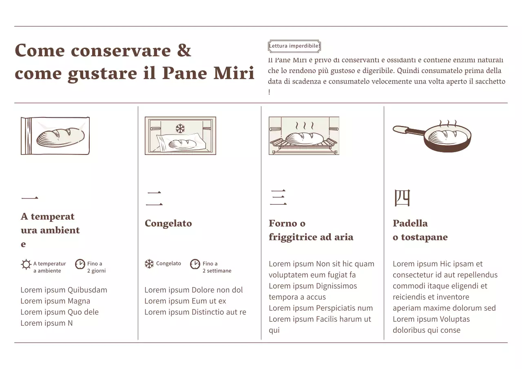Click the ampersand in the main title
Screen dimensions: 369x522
[x=184, y=51]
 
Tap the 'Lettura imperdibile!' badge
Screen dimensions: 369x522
[x=294, y=46]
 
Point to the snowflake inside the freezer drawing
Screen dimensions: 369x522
[x=180, y=129]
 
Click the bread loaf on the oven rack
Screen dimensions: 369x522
[x=304, y=138]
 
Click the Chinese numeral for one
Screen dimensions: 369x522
[x=29, y=199]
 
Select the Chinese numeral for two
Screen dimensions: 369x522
[x=154, y=199]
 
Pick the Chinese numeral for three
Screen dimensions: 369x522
[x=278, y=198]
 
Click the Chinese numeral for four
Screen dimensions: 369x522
[x=402, y=198]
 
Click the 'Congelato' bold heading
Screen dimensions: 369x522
[x=168, y=223]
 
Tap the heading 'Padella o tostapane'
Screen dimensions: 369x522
[x=420, y=230]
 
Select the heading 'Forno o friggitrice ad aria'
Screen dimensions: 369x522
[x=311, y=230]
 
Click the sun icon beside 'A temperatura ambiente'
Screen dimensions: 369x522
[x=26, y=265]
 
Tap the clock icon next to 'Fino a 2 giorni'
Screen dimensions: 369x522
[x=80, y=264]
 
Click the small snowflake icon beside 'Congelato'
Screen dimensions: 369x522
[x=149, y=264]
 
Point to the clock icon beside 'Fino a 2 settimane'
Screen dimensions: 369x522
[x=195, y=264]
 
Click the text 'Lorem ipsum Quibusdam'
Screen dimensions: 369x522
[x=64, y=290]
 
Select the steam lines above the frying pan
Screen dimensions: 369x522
[x=447, y=123]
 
